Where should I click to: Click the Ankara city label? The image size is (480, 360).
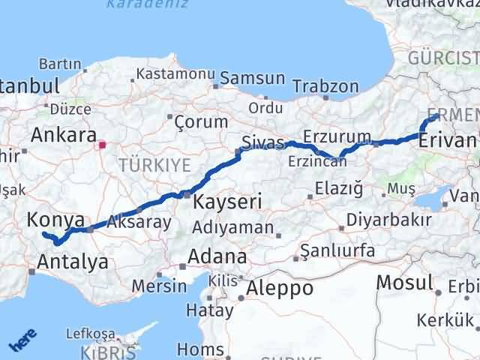click(x=63, y=135)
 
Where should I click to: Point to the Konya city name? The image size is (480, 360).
click(x=55, y=219)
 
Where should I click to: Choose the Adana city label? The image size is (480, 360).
click(x=217, y=256)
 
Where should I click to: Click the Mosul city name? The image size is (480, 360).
click(x=405, y=283)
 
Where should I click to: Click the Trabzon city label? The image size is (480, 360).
click(x=325, y=86)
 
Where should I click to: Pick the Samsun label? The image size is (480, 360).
click(x=253, y=78)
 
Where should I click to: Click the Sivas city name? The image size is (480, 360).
click(x=262, y=142)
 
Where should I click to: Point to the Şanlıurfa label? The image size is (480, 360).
click(x=337, y=250)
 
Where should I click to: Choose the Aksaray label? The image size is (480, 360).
click(x=139, y=221)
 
